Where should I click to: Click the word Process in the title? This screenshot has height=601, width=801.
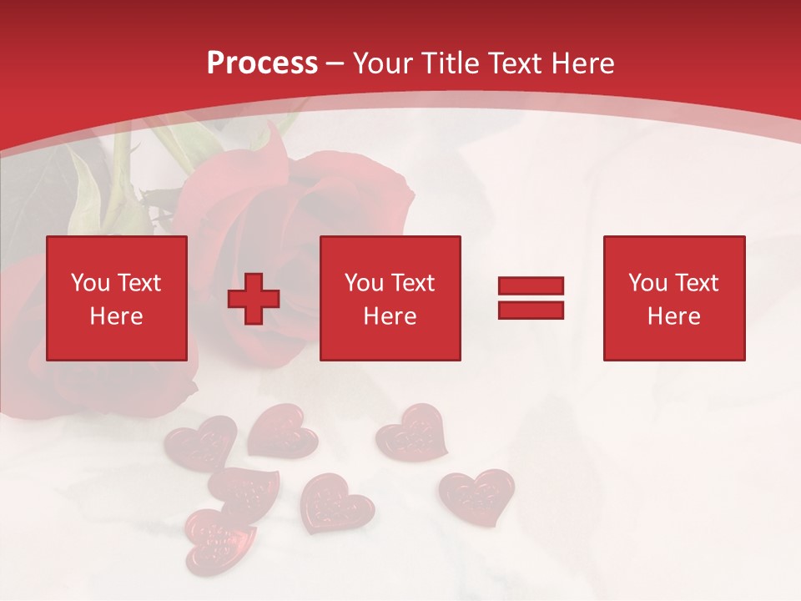pyautogui.click(x=262, y=63)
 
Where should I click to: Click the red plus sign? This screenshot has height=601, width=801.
pyautogui.click(x=254, y=300)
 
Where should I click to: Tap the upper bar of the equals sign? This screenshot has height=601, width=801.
pyautogui.click(x=531, y=286)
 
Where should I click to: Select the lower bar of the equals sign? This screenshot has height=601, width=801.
pyautogui.click(x=531, y=311)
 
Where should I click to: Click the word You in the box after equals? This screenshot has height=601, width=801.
pyautogui.click(x=647, y=283)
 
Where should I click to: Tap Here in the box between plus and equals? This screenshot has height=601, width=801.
pyautogui.click(x=390, y=316)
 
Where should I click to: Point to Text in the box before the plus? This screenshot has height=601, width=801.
pyautogui.click(x=139, y=283)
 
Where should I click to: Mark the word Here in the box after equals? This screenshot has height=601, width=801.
pyautogui.click(x=673, y=316)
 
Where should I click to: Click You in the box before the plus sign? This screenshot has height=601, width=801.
pyautogui.click(x=90, y=283)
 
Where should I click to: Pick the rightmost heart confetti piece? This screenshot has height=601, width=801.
pyautogui.click(x=477, y=495)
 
